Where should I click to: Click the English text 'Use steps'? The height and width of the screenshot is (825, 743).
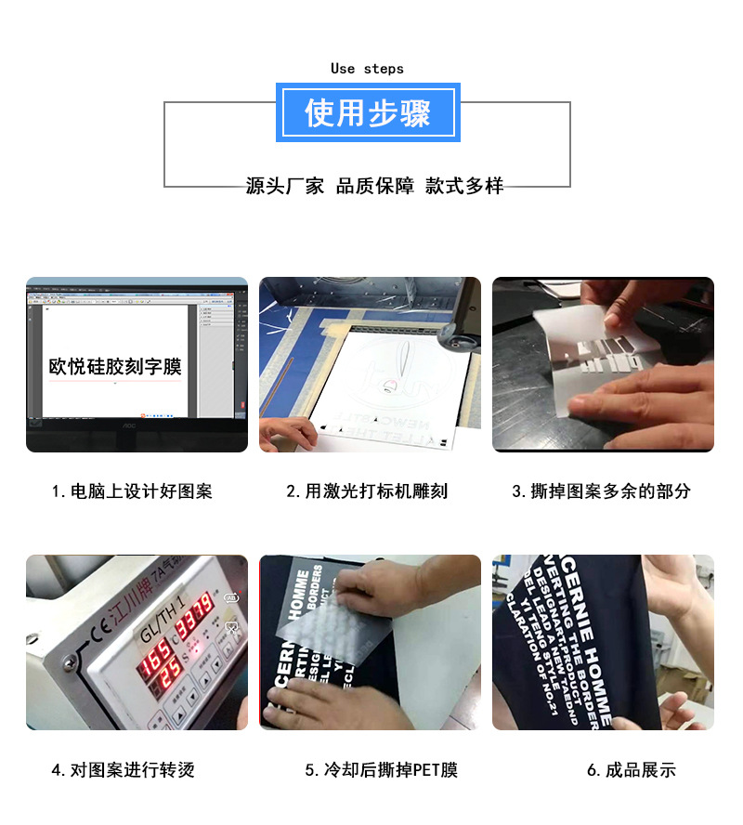point(367,69)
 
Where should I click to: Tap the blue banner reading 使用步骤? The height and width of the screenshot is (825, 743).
point(368,112)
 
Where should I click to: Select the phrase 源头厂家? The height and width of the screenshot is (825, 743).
point(285,186)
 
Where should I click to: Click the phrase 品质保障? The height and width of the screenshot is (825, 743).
point(374,186)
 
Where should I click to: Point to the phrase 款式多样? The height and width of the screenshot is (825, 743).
point(464,186)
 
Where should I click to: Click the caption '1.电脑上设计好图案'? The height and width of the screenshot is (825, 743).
point(132,491)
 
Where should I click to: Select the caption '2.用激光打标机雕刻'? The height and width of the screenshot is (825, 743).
point(367,491)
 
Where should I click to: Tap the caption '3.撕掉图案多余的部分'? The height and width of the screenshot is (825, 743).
point(601,491)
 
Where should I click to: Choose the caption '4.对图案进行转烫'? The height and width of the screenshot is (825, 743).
point(123,770)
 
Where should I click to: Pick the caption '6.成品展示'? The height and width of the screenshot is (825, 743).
point(631,770)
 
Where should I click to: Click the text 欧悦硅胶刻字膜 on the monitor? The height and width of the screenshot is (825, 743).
point(115,366)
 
